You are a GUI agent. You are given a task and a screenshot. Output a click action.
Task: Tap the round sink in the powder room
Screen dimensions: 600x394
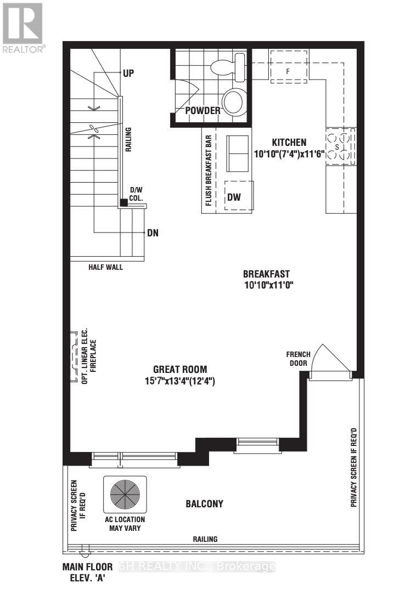pyautogui.click(x=234, y=102)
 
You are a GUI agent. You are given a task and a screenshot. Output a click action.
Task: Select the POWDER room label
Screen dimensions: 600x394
pyautogui.click(x=202, y=111)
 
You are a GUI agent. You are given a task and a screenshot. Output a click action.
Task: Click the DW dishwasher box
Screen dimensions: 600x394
pyautogui.click(x=234, y=196)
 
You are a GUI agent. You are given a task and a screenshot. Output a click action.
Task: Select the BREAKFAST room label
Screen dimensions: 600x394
pyautogui.click(x=266, y=274)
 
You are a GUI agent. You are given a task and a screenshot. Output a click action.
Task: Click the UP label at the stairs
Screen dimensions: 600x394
pyautogui.click(x=128, y=72)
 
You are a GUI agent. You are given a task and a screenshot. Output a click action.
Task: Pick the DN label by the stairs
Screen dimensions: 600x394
pyautogui.click(x=153, y=233)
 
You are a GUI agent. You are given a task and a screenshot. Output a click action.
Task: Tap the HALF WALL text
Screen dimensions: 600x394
pyautogui.click(x=105, y=267)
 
